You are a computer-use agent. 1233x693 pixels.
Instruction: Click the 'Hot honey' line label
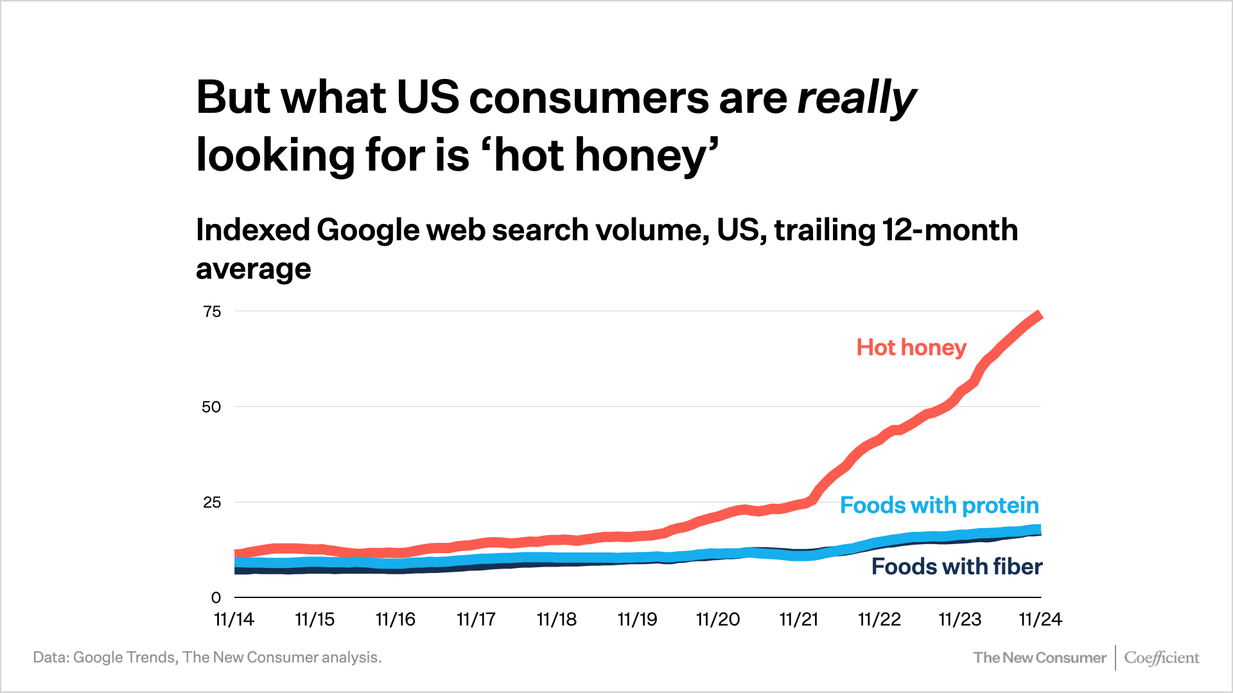pyautogui.click(x=911, y=348)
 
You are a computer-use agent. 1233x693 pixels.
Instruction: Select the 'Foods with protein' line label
pyautogui.click(x=939, y=506)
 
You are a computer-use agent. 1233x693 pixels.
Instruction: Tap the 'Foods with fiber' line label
pyautogui.click(x=956, y=567)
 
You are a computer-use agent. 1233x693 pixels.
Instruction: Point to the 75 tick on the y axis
pyautogui.click(x=212, y=312)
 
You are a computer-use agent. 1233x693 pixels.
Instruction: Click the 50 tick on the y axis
pyautogui.click(x=211, y=407)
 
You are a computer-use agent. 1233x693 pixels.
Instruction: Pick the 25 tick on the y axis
pyautogui.click(x=212, y=502)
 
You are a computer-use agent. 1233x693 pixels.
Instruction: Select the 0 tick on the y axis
pyautogui.click(x=216, y=598)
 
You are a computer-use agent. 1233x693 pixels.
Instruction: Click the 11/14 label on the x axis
pyautogui.click(x=234, y=620)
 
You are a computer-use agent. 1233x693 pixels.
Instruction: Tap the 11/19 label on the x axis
pyautogui.click(x=637, y=620)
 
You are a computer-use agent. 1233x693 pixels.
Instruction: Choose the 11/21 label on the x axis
pyautogui.click(x=799, y=620)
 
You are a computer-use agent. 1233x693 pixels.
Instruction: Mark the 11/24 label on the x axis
pyautogui.click(x=1040, y=620)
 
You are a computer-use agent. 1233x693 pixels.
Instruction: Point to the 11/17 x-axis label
pyautogui.click(x=476, y=620)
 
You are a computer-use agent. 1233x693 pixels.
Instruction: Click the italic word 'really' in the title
pyautogui.click(x=856, y=98)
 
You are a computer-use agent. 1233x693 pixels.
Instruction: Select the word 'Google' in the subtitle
pyautogui.click(x=368, y=230)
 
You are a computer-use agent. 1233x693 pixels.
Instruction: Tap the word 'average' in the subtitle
pyautogui.click(x=253, y=269)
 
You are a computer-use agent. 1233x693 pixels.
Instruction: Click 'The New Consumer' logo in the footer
pyautogui.click(x=1039, y=658)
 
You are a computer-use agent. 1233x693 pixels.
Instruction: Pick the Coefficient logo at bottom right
pyautogui.click(x=1161, y=658)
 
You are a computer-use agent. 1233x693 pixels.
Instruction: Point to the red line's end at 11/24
pyautogui.click(x=1039, y=315)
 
